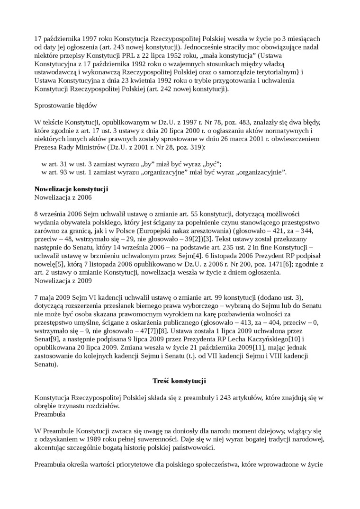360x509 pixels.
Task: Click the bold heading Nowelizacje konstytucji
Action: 71,189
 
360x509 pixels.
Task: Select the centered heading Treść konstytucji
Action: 180,380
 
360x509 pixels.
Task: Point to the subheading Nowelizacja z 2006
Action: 63,197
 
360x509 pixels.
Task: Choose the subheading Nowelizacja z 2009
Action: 63,280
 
